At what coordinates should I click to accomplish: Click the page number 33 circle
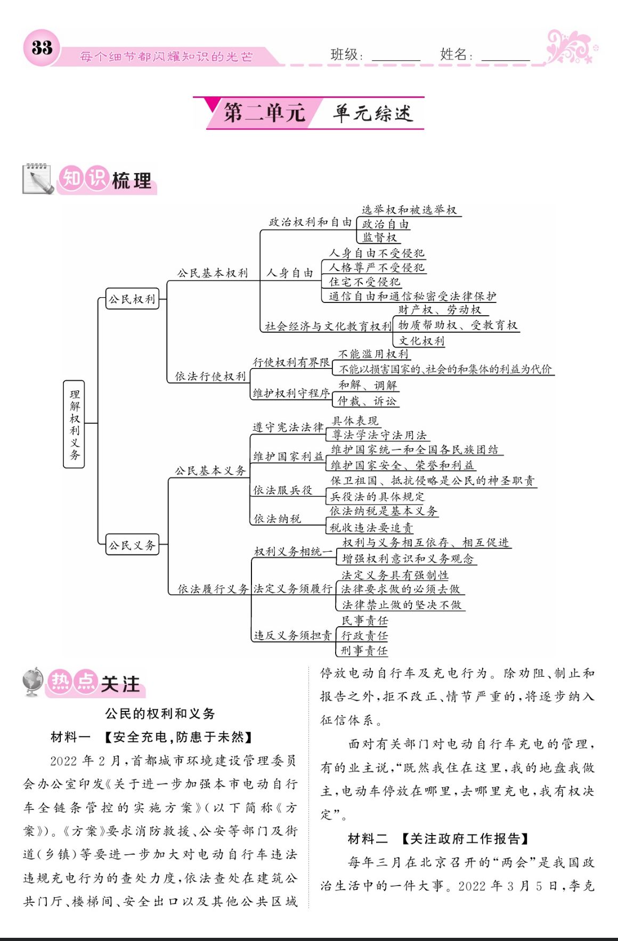tap(41, 48)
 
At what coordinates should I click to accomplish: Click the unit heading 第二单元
tap(264, 113)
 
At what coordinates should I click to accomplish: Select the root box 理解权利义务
tap(74, 424)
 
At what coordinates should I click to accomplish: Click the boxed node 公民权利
tap(132, 299)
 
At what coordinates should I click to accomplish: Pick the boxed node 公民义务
tap(132, 545)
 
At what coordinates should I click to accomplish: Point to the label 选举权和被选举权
tap(409, 210)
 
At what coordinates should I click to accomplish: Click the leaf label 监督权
tap(379, 238)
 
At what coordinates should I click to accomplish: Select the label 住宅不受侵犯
tap(364, 282)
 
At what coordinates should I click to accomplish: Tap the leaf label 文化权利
tap(421, 341)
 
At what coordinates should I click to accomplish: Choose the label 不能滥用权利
tap(373, 354)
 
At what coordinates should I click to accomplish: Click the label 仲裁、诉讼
tap(368, 401)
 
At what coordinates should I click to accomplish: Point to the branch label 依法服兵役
tap(282, 490)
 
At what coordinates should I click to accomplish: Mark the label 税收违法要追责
tap(371, 527)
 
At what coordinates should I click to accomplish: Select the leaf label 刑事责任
tap(364, 650)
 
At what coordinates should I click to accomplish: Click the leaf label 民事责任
tap(364, 620)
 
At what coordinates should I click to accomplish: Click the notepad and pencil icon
tap(38, 179)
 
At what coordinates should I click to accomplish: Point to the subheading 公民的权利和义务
tap(160, 714)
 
